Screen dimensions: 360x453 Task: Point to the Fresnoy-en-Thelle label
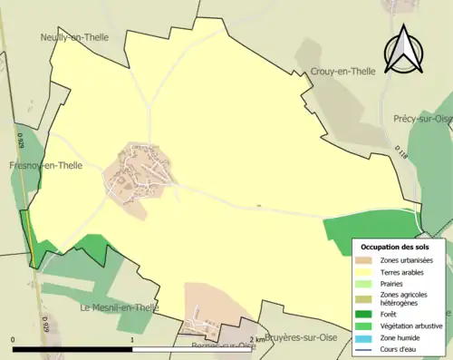click(x=45, y=166)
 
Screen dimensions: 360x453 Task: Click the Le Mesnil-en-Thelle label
click(x=119, y=307)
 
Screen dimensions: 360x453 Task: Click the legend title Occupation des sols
click(x=395, y=247)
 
